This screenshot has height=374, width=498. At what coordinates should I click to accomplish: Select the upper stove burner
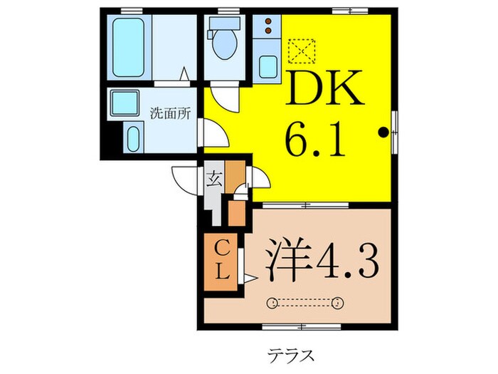pos(269,22)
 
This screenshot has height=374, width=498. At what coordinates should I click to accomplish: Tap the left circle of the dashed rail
pos(272,304)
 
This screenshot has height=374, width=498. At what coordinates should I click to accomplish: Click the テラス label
pos(292,354)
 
